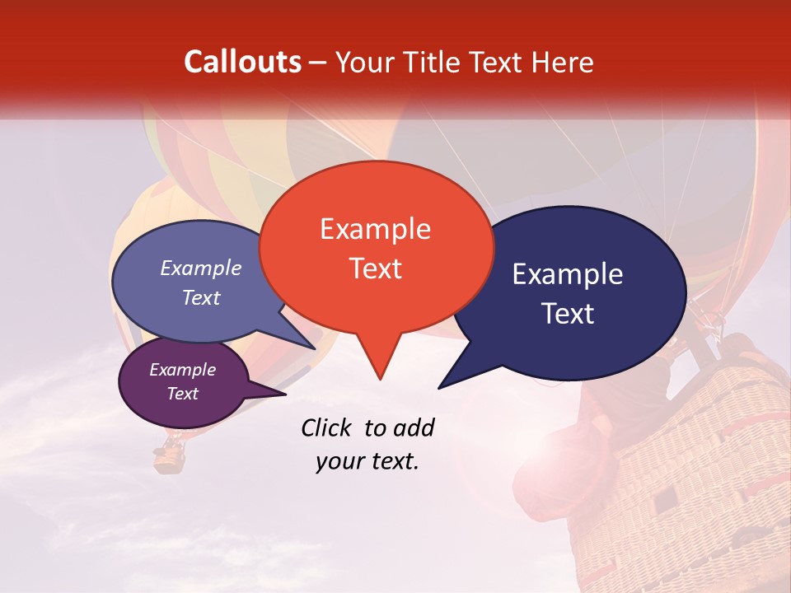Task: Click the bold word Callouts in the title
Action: pos(243,62)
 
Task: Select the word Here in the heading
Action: pos(560,62)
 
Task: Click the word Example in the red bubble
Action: pos(375,229)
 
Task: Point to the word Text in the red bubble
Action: pos(376,268)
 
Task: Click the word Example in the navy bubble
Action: pos(568,274)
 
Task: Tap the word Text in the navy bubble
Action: pos(569,314)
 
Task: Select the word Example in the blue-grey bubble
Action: pos(201,268)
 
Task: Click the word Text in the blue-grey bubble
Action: pos(201,298)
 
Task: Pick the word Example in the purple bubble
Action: pos(183,370)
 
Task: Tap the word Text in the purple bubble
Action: pos(183,394)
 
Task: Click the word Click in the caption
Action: pos(329,427)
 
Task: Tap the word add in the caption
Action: pos(414,427)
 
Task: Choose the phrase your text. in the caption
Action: pos(367,461)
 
